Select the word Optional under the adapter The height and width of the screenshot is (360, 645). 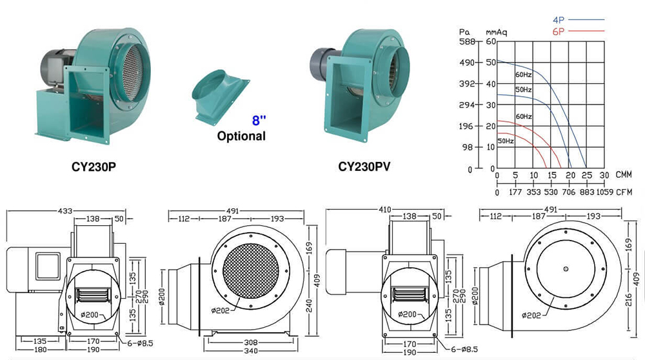tap(241, 136)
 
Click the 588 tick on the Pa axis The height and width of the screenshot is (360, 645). tap(465, 41)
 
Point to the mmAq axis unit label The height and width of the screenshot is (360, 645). tap(493, 31)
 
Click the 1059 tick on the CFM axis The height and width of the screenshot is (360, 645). tap(604, 192)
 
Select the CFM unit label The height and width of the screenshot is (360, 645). tap(624, 192)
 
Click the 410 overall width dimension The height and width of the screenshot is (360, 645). tap(386, 210)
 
